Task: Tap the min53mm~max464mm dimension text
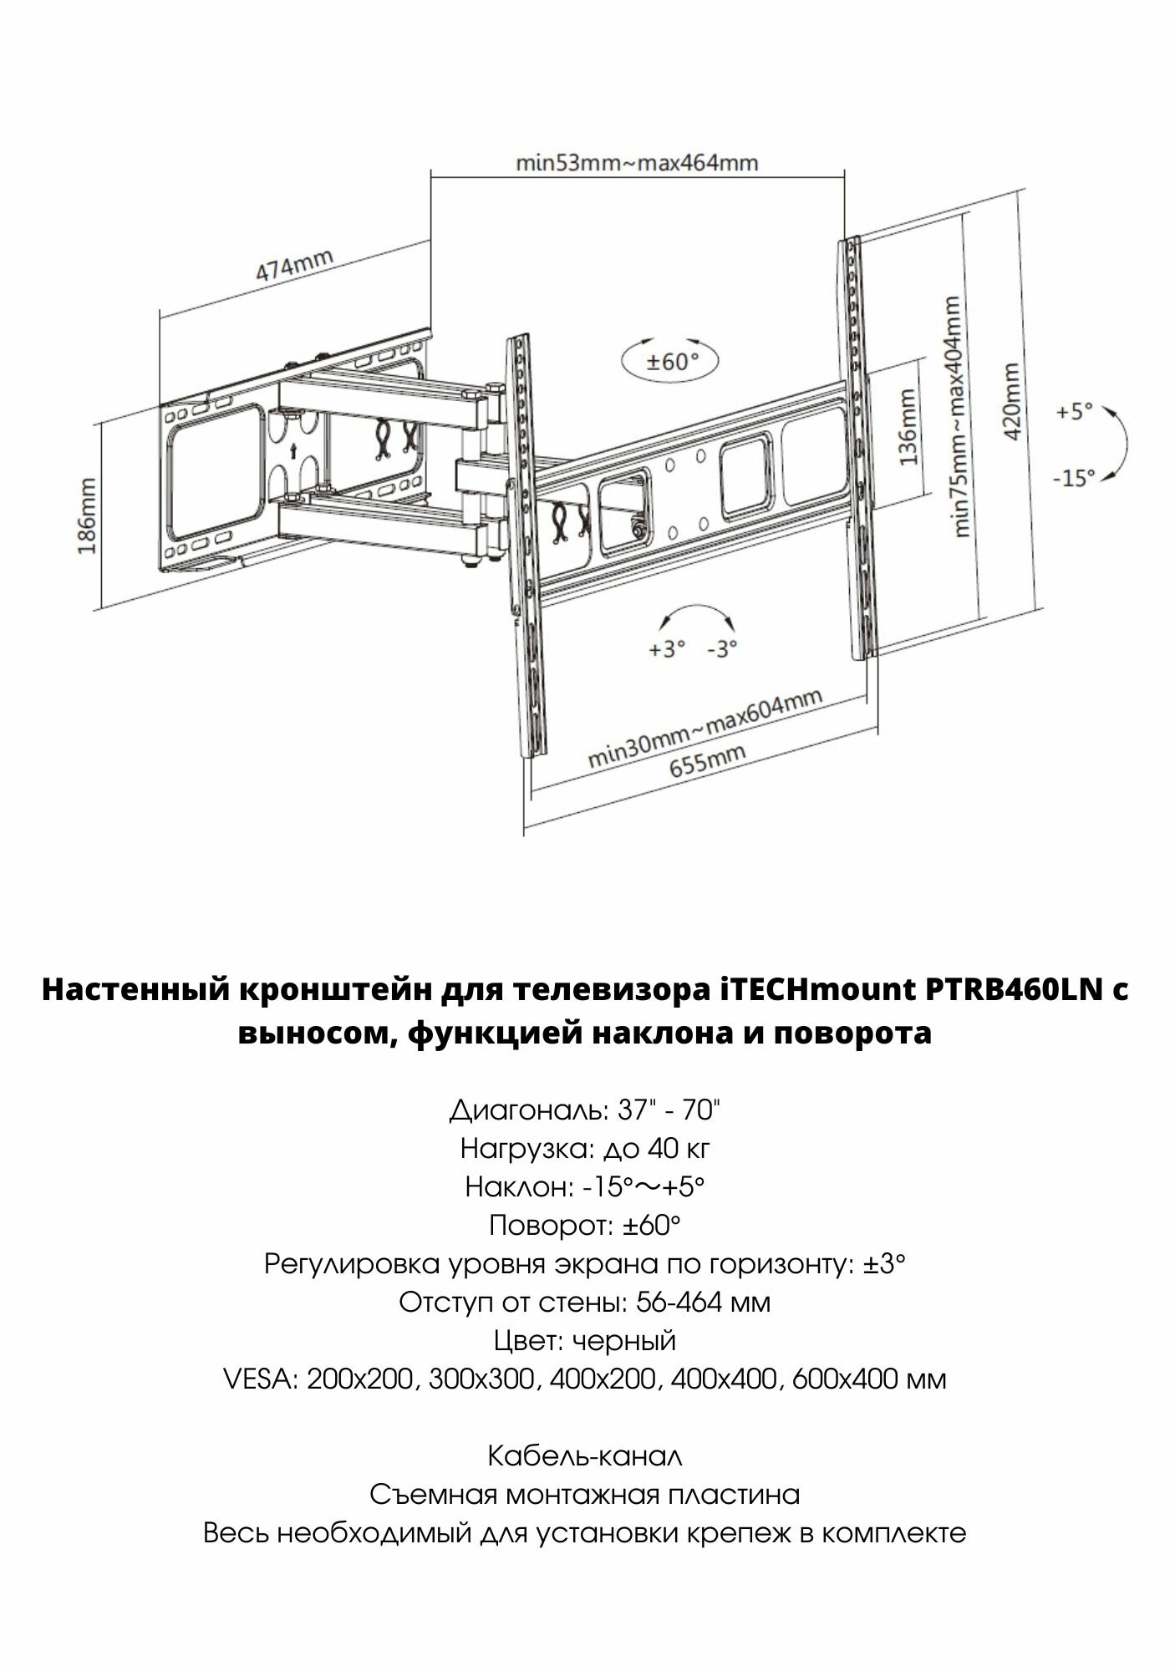(637, 163)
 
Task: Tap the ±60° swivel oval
(670, 361)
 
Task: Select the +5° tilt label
(1074, 413)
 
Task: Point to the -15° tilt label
(1073, 479)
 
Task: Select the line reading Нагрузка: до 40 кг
(585, 1150)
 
